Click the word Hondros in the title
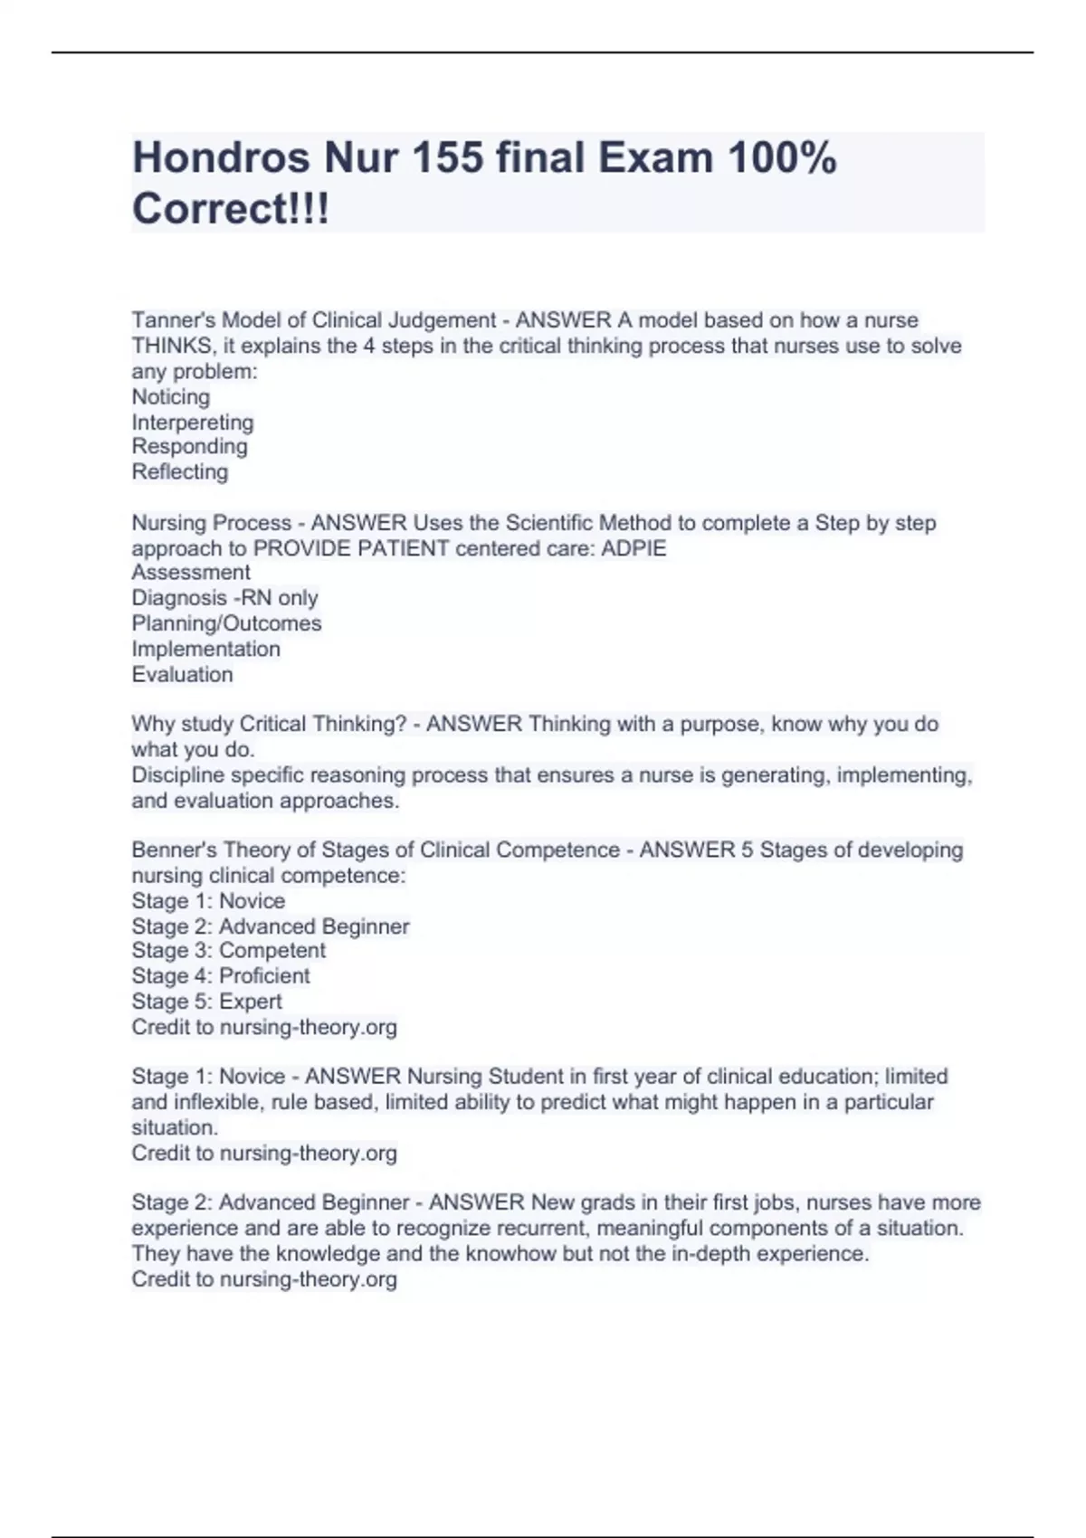point(222,158)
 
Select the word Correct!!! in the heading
point(231,209)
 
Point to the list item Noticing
point(171,396)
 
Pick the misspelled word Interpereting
point(193,422)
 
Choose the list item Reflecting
point(180,471)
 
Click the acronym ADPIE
point(634,548)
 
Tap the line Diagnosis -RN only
point(224,597)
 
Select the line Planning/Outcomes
point(226,622)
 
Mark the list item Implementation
point(205,648)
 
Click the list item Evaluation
point(182,674)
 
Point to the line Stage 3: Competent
point(228,950)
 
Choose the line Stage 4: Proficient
point(221,975)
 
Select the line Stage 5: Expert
point(206,1001)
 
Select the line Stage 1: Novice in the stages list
point(208,900)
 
